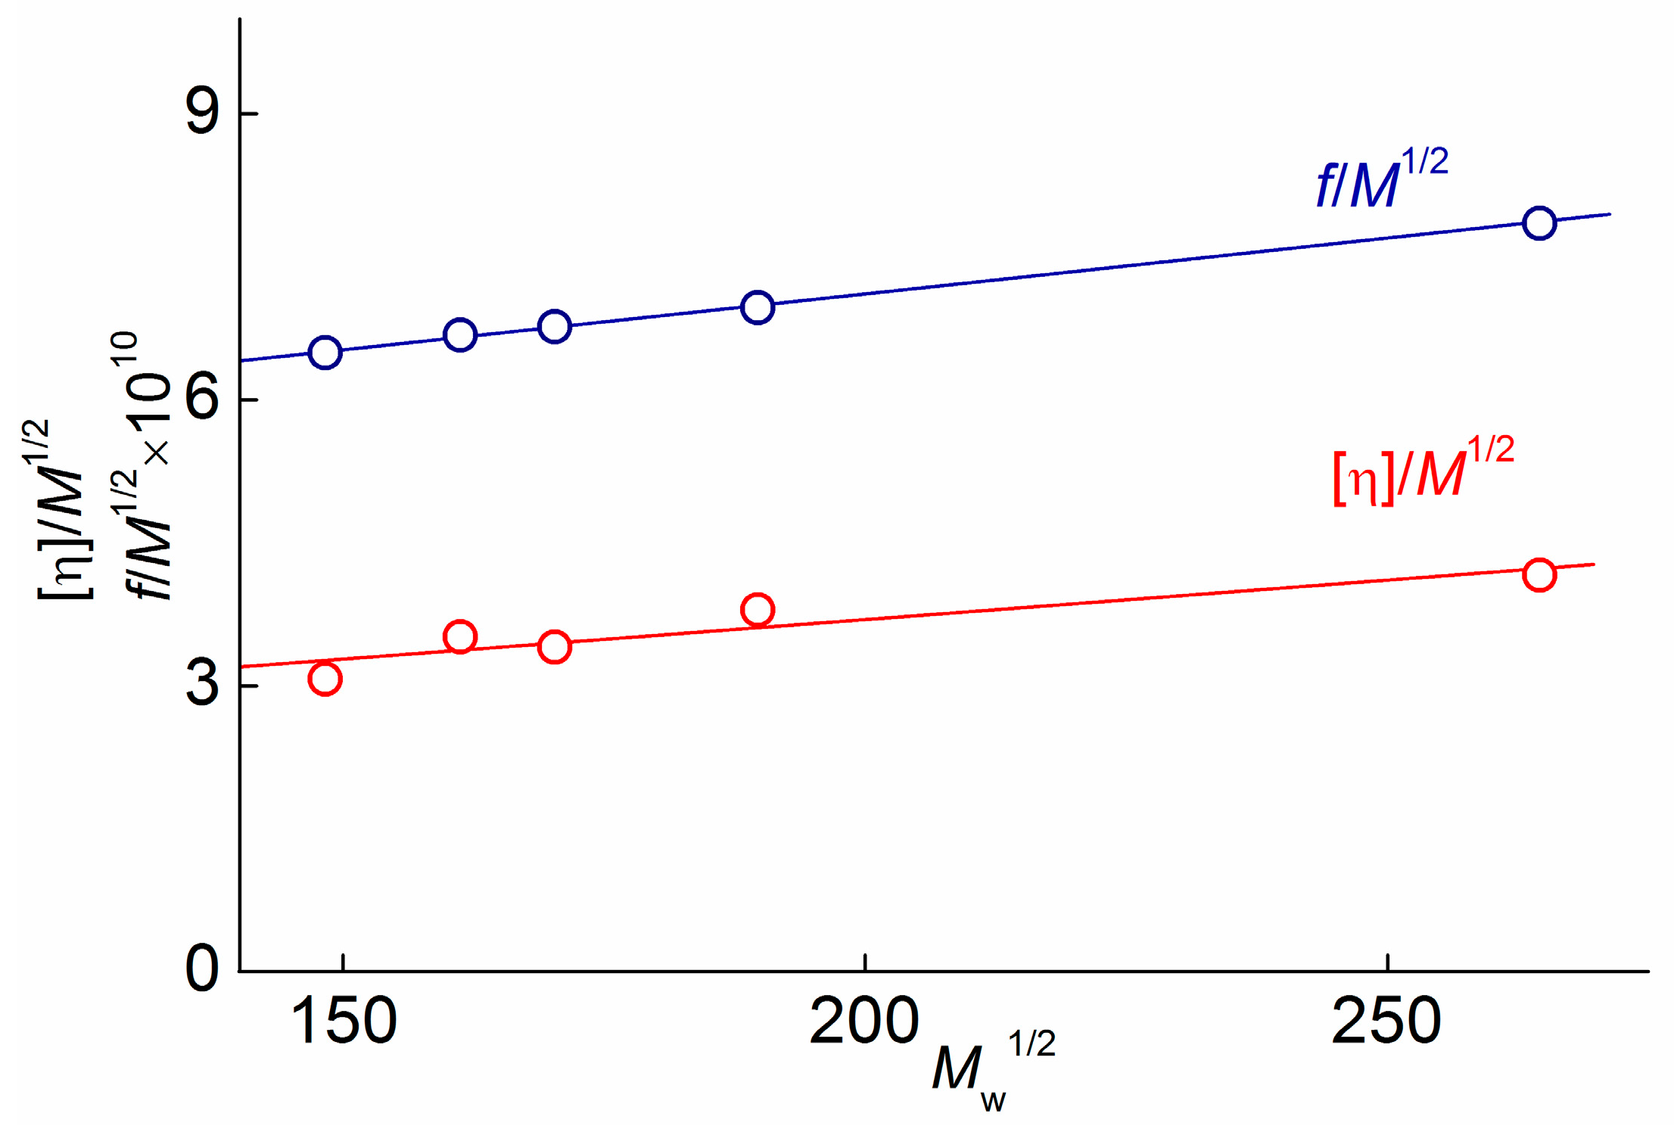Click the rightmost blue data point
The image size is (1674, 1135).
click(x=1539, y=223)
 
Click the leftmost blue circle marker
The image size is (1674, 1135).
click(x=325, y=353)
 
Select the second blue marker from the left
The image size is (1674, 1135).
click(x=460, y=334)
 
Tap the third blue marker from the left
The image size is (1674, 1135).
click(x=555, y=327)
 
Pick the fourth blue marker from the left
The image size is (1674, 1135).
click(x=758, y=307)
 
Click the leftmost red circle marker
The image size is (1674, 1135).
click(x=325, y=679)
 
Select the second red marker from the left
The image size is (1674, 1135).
click(x=460, y=637)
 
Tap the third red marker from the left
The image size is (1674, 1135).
click(x=555, y=647)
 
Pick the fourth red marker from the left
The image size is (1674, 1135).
click(x=758, y=610)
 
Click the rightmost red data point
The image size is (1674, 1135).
click(x=1539, y=575)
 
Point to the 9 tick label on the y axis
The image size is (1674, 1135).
click(x=203, y=113)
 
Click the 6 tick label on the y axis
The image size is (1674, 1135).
click(x=203, y=399)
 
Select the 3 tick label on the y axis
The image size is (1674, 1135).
click(x=203, y=685)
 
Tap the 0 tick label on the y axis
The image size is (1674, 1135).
click(x=203, y=969)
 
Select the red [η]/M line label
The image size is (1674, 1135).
click(x=1423, y=471)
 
